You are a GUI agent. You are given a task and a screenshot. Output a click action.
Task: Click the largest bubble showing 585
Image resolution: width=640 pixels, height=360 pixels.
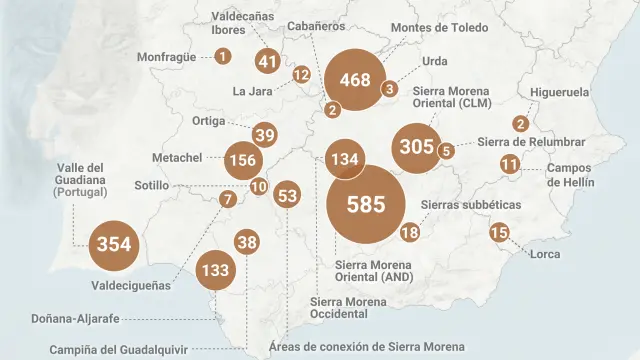pyautogui.click(x=365, y=204)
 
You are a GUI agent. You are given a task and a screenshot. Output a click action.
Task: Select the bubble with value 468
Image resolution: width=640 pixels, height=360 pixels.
pyautogui.click(x=355, y=80)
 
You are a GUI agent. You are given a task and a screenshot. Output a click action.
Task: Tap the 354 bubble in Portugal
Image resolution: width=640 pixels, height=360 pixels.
pyautogui.click(x=114, y=244)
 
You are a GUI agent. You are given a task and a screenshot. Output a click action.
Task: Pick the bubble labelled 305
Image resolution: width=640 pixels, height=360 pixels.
pyautogui.click(x=416, y=147)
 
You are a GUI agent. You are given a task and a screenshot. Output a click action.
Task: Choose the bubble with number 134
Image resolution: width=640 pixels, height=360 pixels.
pyautogui.click(x=344, y=160)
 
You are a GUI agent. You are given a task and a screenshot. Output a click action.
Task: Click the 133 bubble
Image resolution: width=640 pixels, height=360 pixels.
pyautogui.click(x=215, y=270)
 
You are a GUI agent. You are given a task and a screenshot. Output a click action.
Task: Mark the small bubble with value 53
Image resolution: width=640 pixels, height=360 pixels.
pyautogui.click(x=287, y=196)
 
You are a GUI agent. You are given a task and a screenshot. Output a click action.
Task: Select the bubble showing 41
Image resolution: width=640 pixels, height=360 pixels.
pyautogui.click(x=267, y=61)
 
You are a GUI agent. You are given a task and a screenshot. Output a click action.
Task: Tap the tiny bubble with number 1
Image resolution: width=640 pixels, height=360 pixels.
pyautogui.click(x=222, y=56)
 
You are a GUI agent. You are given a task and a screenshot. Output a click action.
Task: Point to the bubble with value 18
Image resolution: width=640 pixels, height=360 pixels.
pyautogui.click(x=409, y=233)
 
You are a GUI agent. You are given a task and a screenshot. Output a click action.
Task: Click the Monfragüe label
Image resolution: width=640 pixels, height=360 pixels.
pyautogui.click(x=167, y=57)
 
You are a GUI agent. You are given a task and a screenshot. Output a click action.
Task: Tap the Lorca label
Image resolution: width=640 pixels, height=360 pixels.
pyautogui.click(x=546, y=255)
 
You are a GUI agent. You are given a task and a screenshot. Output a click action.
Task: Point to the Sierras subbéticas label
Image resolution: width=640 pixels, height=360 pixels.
pyautogui.click(x=471, y=204)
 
